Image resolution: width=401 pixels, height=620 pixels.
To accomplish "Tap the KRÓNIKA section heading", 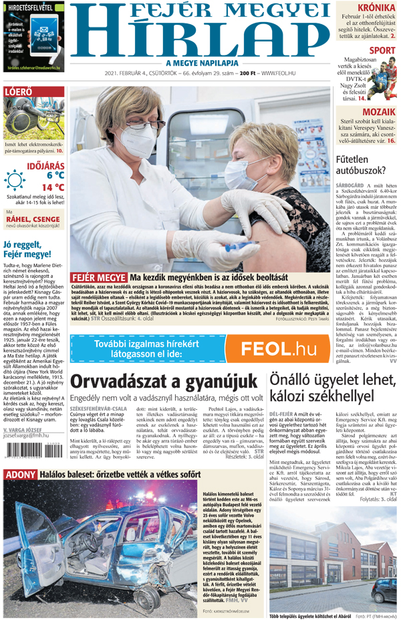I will (376, 8).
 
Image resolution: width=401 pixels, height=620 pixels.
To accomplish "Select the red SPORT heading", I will (382, 50).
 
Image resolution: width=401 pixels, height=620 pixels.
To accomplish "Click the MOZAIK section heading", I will (379, 112).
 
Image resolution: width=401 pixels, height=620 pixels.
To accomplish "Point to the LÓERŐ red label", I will (17, 92).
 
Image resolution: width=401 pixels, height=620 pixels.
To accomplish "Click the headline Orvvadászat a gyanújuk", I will (164, 381).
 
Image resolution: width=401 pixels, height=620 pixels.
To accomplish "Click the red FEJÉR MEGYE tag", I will (98, 277).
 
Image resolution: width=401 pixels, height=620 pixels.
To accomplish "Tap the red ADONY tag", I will (21, 475).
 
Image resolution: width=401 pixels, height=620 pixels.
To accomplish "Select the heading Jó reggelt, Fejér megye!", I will (27, 249).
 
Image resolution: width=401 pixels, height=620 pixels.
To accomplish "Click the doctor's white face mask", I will (138, 139).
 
